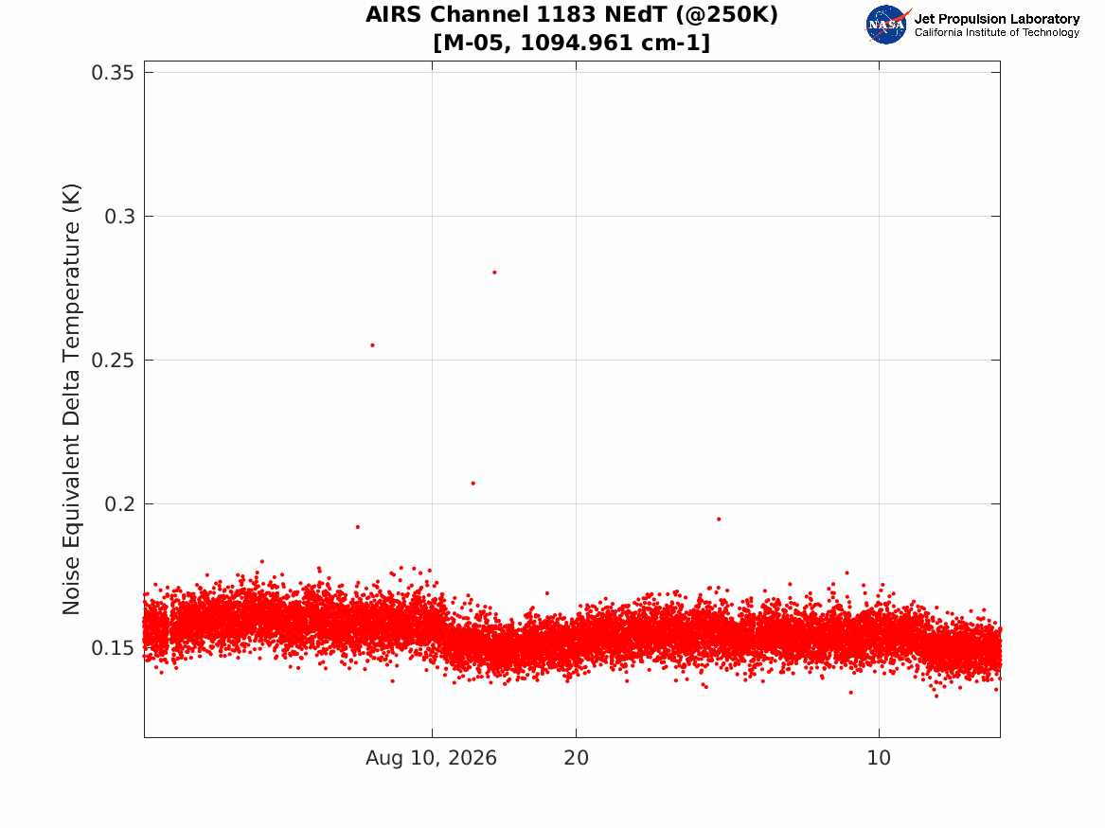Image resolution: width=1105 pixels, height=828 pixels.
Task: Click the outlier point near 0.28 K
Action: pyautogui.click(x=494, y=272)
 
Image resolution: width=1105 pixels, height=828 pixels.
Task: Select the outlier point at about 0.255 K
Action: pyautogui.click(x=373, y=345)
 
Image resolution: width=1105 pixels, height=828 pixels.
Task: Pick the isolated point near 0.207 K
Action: pyautogui.click(x=472, y=483)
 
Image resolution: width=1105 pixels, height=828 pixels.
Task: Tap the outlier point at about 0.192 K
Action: pyautogui.click(x=357, y=527)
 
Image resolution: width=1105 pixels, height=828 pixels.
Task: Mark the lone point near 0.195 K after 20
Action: pyautogui.click(x=719, y=519)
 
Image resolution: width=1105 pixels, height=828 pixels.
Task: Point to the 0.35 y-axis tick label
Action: pyautogui.click(x=113, y=73)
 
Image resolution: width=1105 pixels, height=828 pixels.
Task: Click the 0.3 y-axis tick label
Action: pyautogui.click(x=119, y=216)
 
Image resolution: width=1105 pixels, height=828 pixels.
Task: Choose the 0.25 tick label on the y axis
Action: pyautogui.click(x=113, y=360)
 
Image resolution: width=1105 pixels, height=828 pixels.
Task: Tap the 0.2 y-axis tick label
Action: pyautogui.click(x=119, y=503)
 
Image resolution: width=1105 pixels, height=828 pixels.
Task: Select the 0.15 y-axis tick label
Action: pyautogui.click(x=113, y=648)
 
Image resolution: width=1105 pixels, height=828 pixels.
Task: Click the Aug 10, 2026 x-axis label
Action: pyautogui.click(x=431, y=758)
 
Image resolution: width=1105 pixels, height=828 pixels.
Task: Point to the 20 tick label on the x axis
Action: pyautogui.click(x=576, y=758)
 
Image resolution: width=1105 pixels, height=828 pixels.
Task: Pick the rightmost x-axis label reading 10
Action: pyautogui.click(x=879, y=758)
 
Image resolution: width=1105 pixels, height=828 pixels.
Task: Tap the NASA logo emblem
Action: pyautogui.click(x=887, y=25)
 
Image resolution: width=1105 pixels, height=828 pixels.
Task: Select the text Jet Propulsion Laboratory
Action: pyautogui.click(x=996, y=19)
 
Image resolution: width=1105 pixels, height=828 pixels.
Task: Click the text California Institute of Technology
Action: pyautogui.click(x=996, y=32)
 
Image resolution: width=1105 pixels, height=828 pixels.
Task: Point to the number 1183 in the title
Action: pyautogui.click(x=563, y=14)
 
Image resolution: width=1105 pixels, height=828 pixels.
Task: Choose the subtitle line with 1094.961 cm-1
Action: pyautogui.click(x=572, y=43)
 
